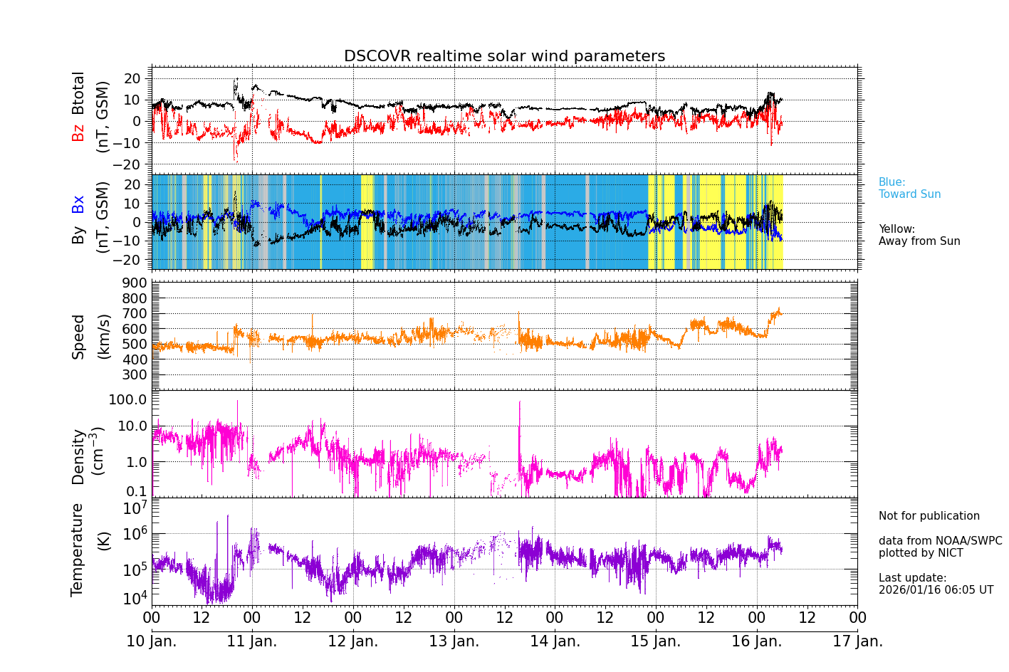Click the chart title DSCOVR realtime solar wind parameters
pyautogui.click(x=504, y=56)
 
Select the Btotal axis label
pyautogui.click(x=78, y=93)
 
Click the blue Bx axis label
pyautogui.click(x=78, y=204)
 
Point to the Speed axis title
pyautogui.click(x=78, y=336)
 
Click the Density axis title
pyautogui.click(x=78, y=456)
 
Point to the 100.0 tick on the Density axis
pyautogui.click(x=128, y=399)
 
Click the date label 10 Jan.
pyautogui.click(x=152, y=641)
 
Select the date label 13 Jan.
pyautogui.click(x=454, y=641)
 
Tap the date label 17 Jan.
pyautogui.click(x=857, y=641)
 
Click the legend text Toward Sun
pyautogui.click(x=909, y=194)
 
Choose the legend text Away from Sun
pyautogui.click(x=919, y=241)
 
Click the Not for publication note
pyautogui.click(x=929, y=516)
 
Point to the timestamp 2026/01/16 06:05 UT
pyautogui.click(x=936, y=590)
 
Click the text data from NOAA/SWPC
pyautogui.click(x=940, y=541)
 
